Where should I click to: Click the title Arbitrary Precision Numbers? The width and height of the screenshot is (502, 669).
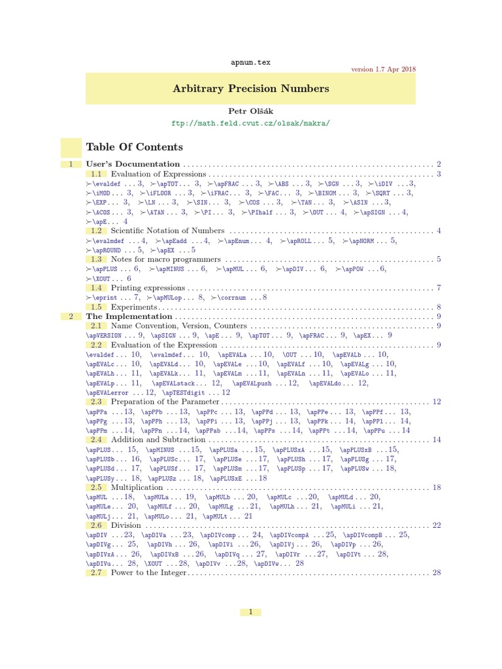coord(250,88)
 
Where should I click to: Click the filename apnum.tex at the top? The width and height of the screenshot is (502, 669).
coord(250,62)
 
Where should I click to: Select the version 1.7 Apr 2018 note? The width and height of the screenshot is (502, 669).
coord(383,69)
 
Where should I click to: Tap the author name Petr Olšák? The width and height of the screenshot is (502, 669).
coord(250,112)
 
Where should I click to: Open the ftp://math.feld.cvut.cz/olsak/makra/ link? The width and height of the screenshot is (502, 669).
coord(250,123)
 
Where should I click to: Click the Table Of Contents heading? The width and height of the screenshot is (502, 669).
coord(135,147)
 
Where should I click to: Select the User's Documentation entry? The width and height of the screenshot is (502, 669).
coord(133,164)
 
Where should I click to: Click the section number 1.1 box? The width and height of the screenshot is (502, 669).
coord(97,174)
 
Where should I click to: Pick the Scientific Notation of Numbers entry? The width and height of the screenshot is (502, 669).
coord(167,231)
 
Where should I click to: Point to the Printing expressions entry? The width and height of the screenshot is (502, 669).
coord(148,287)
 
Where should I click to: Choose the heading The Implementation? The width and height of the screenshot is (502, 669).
coord(129,316)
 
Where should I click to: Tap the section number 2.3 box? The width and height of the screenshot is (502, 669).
coord(97,401)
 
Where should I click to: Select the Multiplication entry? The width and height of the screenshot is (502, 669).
coord(137,487)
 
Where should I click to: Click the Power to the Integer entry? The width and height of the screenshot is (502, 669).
coord(148,573)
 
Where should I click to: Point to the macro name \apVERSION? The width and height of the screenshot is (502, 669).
coord(107,335)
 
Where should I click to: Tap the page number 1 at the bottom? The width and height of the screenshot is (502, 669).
coord(250,612)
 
